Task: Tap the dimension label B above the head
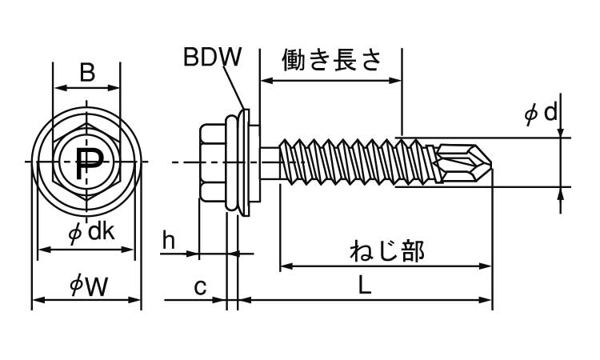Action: pyautogui.click(x=87, y=74)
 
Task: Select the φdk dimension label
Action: pyautogui.click(x=90, y=233)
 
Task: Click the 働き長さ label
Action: pyautogui.click(x=330, y=60)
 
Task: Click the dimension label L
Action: pyautogui.click(x=364, y=286)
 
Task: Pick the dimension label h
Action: pyautogui.click(x=168, y=239)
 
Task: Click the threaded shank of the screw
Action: pyautogui.click(x=352, y=162)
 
